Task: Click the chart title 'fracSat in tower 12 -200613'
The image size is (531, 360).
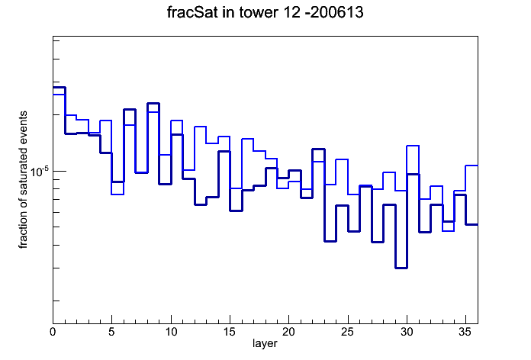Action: click(265, 12)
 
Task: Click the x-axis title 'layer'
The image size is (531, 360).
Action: click(265, 343)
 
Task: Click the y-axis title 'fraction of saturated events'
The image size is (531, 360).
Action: click(23, 179)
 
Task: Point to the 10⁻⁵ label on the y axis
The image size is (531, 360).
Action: click(40, 172)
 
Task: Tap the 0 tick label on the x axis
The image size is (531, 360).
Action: click(53, 332)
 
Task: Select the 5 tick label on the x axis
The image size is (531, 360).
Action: click(111, 332)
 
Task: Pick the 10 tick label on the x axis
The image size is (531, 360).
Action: click(171, 332)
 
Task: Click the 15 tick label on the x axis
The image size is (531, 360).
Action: click(230, 332)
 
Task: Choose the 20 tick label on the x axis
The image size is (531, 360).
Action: click(288, 332)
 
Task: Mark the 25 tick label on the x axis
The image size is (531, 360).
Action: click(347, 332)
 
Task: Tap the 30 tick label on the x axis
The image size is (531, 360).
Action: click(407, 332)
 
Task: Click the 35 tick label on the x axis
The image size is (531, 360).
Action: click(465, 332)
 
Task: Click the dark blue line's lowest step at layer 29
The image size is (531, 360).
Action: click(401, 268)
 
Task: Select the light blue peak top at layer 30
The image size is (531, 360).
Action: click(413, 146)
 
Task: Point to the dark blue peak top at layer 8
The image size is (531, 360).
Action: click(153, 103)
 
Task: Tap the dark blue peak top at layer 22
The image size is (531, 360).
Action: click(318, 149)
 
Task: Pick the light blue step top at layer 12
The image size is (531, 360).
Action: click(200, 127)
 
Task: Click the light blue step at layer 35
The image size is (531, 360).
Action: click(471, 166)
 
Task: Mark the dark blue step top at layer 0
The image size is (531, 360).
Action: click(59, 88)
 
